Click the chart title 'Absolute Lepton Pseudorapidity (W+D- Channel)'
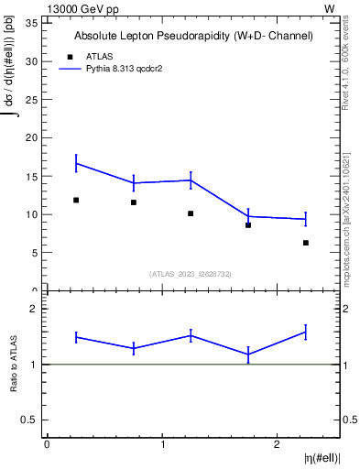(193, 36)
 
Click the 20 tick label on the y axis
(33, 138)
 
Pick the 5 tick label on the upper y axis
(36, 253)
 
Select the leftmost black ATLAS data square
(76, 200)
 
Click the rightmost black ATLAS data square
(305, 243)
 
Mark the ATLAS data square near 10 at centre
(191, 213)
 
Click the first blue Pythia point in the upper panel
(76, 163)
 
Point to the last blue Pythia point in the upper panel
(305, 219)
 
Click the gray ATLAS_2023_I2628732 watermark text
(191, 273)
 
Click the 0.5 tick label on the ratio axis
(31, 420)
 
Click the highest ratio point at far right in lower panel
(305, 332)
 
